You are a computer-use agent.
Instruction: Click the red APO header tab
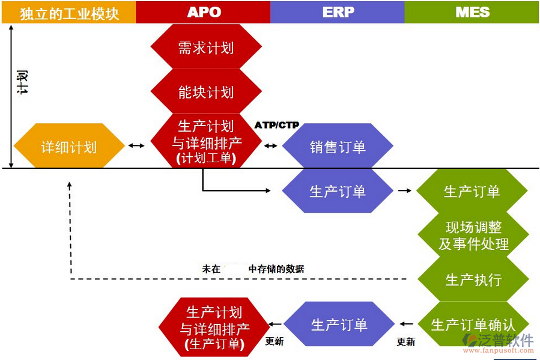203,12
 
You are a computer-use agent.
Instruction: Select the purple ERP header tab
338,12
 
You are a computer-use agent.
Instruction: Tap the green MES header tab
472,12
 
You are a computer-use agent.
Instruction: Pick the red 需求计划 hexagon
205,47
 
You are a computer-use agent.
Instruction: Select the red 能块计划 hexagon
205,92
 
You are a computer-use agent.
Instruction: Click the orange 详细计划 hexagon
68,146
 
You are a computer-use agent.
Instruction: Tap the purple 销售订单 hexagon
338,146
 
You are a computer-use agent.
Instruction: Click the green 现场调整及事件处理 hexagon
473,236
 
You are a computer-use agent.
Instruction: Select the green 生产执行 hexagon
473,280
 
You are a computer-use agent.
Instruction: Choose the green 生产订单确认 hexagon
473,325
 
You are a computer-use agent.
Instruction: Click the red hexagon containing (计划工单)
205,142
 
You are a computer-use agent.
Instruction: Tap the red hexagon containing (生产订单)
214,328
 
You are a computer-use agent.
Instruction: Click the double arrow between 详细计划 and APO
137,146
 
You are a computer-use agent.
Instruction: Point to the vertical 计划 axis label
22,82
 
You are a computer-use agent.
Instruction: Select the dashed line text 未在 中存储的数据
253,269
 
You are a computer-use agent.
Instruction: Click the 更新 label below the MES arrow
406,341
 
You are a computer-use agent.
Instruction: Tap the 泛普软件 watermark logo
498,342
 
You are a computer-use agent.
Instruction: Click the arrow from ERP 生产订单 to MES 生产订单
404,191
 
